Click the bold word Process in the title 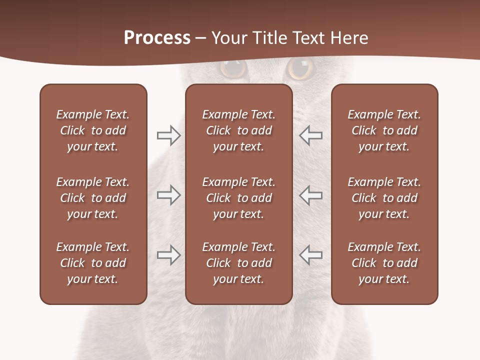tap(157, 38)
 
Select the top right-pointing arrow tap(168, 135)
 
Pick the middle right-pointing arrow tap(168, 195)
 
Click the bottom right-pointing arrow tap(168, 254)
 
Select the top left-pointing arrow tap(311, 135)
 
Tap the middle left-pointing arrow tap(311, 195)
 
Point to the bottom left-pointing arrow tap(311, 254)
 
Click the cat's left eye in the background tap(233, 68)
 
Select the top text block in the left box tap(93, 130)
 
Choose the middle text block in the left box tap(93, 198)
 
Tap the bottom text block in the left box tap(93, 263)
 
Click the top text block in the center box tap(239, 130)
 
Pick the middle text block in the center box tap(239, 198)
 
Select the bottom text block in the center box tap(239, 263)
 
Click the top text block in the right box tap(384, 130)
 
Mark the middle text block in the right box tap(384, 198)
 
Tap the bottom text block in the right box tap(384, 263)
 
